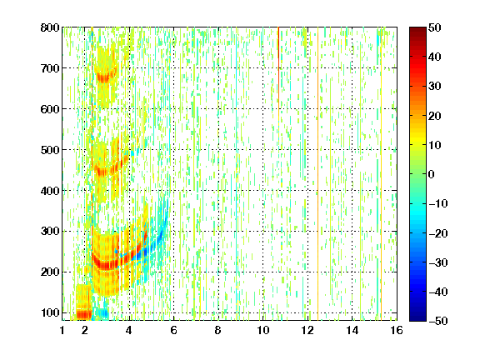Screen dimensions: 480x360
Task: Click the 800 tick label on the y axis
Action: pos(50,27)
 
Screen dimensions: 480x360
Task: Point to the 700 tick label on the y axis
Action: pos(50,68)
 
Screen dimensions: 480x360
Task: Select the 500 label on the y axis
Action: pos(50,150)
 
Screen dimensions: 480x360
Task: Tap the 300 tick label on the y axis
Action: pos(50,231)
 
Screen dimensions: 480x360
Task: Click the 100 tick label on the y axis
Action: pos(50,312)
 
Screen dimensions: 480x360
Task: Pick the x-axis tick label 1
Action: pos(62,330)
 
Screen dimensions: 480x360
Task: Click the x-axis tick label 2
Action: pos(85,330)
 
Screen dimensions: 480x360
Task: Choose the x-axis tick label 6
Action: pos(174,330)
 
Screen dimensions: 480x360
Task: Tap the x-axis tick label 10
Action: pos(263,330)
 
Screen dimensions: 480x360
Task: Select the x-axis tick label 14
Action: pos(352,330)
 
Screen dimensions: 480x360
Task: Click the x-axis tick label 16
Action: pos(397,330)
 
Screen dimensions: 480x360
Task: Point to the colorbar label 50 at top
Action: pos(435,27)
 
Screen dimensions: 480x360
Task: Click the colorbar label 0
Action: pos(432,174)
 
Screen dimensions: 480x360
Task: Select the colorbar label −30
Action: pos(438,262)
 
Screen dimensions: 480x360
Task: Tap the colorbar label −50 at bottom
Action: pos(438,321)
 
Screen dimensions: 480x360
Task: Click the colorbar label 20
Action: pos(435,116)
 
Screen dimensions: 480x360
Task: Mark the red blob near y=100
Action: pos(84,314)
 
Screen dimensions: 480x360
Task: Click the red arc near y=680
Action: pos(104,78)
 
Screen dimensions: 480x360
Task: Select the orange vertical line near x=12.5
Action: pos(317,173)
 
